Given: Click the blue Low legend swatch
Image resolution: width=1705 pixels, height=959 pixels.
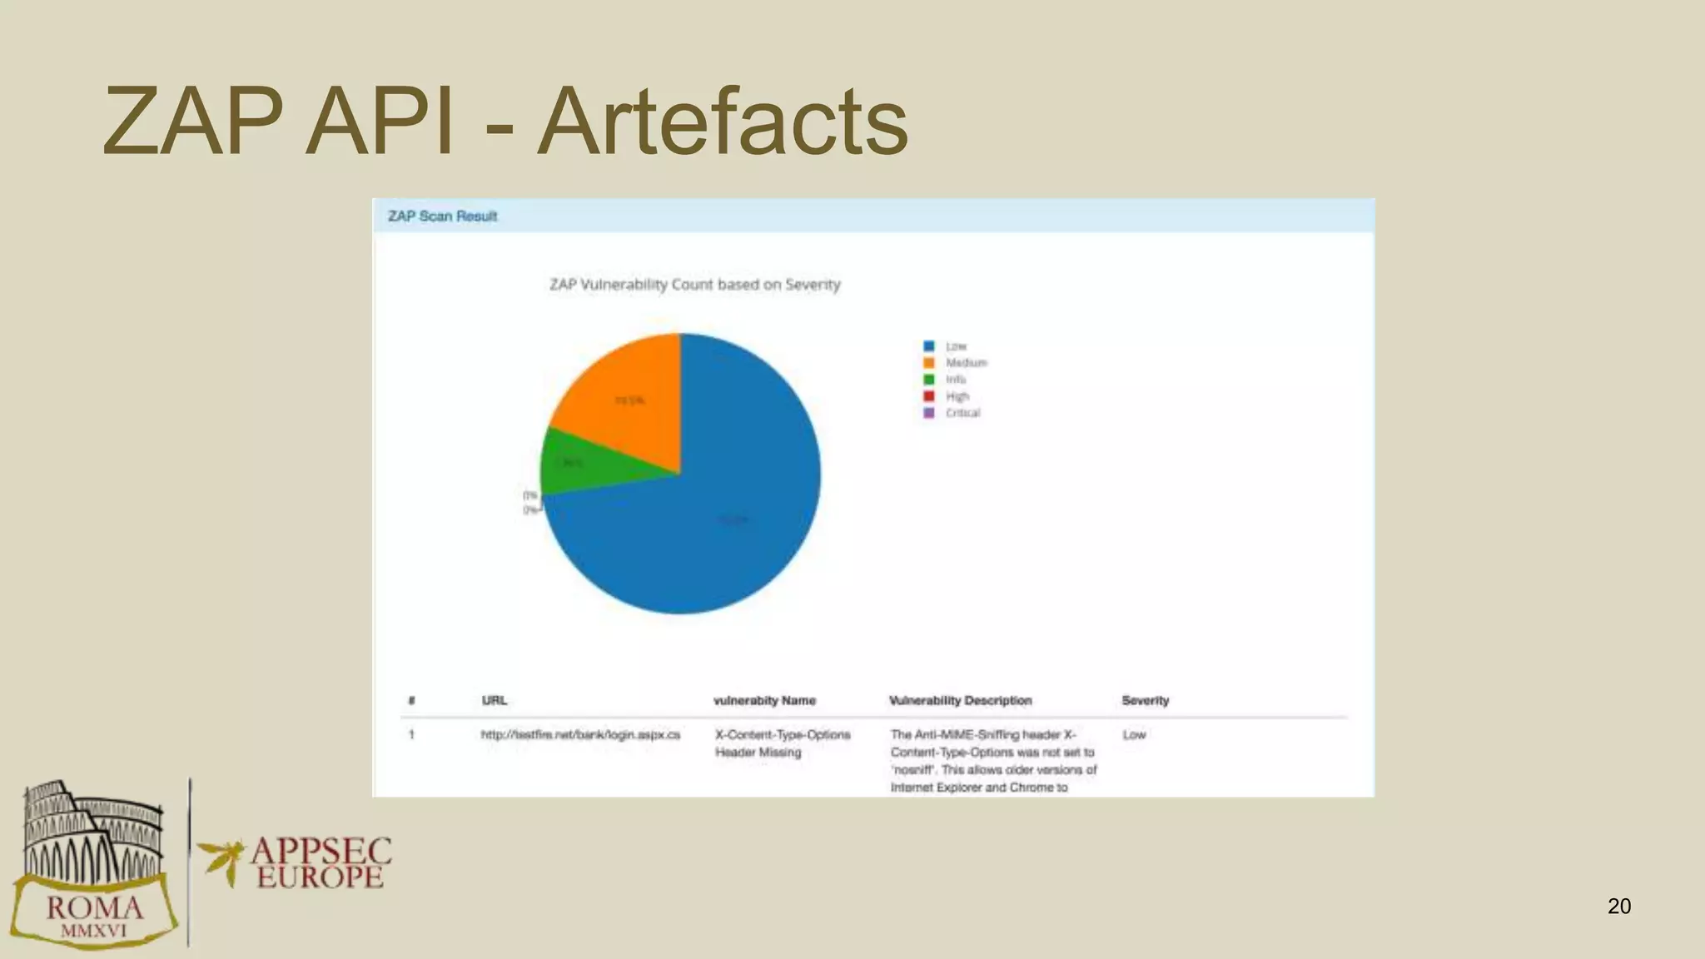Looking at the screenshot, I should (x=929, y=346).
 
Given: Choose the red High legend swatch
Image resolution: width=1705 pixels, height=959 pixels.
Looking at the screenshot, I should (x=929, y=396).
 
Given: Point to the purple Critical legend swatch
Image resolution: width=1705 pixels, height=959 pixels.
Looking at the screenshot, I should (x=929, y=413).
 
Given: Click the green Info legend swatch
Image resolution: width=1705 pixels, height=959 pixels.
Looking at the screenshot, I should (x=929, y=380).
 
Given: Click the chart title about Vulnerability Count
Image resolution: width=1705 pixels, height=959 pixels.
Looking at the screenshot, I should (x=694, y=285).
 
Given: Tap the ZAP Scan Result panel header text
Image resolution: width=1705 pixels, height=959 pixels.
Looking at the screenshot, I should (x=442, y=216).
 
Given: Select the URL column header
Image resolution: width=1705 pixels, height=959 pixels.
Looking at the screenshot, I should (x=494, y=700).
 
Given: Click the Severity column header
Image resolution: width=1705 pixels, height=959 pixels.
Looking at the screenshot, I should (x=1145, y=700).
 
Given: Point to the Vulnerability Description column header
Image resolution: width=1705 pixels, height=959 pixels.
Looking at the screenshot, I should (x=960, y=700).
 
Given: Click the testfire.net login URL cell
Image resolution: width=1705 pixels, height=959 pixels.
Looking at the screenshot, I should (x=580, y=734).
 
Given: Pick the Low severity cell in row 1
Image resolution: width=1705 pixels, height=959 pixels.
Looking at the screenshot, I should (x=1134, y=734).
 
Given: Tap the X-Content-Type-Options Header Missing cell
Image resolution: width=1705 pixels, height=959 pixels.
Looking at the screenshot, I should (x=782, y=743).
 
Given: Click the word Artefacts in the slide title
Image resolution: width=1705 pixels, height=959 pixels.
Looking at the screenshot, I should (x=722, y=122).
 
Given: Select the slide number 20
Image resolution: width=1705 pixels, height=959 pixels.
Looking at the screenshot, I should (x=1618, y=906).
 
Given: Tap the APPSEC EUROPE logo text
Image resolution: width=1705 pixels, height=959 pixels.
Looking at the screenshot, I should (x=321, y=862).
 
